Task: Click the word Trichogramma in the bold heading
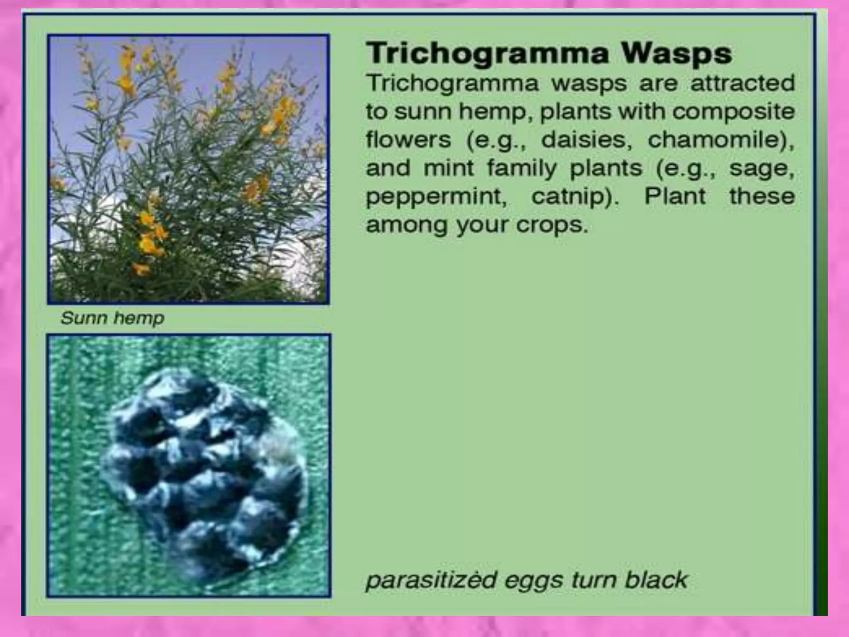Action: (x=488, y=54)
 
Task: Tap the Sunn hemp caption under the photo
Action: (x=112, y=318)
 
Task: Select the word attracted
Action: (x=742, y=83)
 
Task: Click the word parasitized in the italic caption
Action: (x=431, y=580)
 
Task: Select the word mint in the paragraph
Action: (x=449, y=168)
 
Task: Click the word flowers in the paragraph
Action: (x=408, y=139)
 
